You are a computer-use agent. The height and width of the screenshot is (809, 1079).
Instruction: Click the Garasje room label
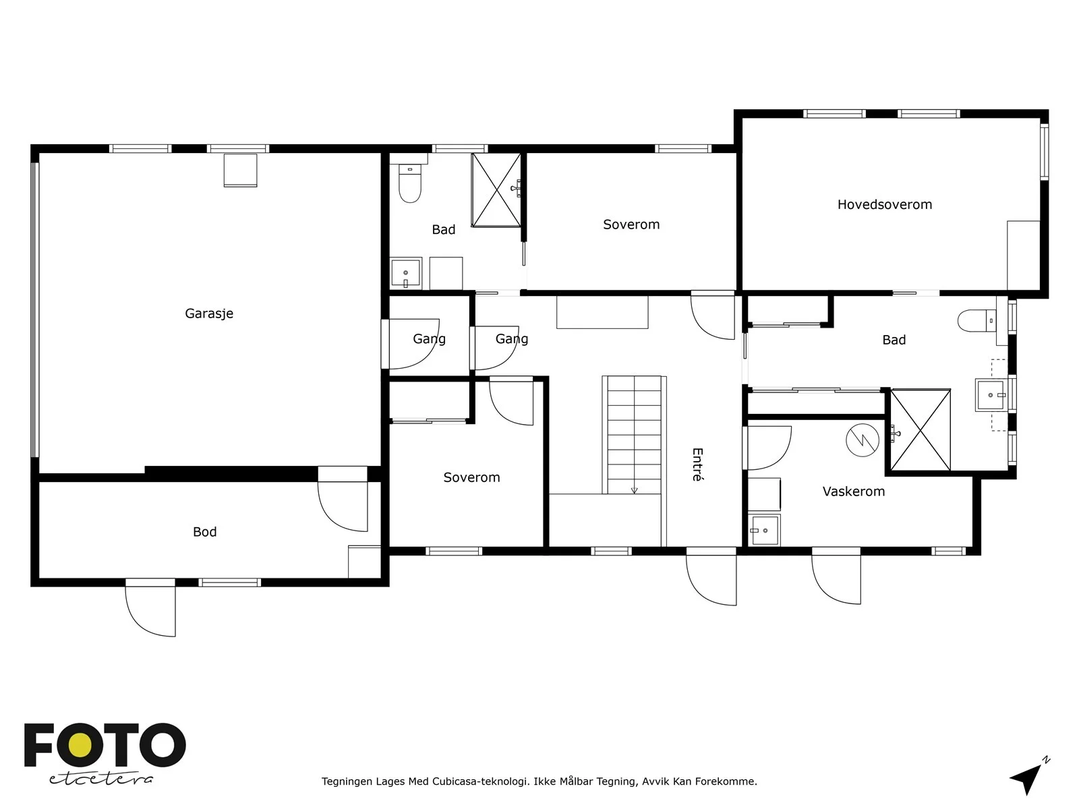coord(209,314)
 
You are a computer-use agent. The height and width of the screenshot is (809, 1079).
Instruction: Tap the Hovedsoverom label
coord(884,204)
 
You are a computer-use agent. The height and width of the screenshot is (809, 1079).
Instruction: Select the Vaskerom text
coord(853,491)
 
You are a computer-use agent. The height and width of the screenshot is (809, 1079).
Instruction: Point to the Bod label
coord(204,532)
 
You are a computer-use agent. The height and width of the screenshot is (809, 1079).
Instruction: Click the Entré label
coord(697,465)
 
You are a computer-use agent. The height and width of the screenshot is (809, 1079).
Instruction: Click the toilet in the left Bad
coord(409,183)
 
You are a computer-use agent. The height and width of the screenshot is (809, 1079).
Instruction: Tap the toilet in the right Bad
coord(976,321)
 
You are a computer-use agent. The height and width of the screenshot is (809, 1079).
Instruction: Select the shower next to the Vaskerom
coord(921,430)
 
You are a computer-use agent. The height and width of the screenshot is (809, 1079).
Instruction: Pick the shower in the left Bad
coord(496,190)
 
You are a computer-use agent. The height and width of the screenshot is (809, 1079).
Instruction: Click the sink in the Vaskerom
coord(764,530)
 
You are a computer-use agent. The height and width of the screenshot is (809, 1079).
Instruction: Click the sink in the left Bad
coord(405,273)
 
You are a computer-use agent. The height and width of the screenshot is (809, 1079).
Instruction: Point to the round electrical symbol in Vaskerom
coord(863,440)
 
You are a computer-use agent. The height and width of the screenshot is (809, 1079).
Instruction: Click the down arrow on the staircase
coord(634,490)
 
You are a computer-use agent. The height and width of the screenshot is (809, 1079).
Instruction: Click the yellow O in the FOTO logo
coord(81,745)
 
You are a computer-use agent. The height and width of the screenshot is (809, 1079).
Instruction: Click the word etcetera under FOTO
coord(100,779)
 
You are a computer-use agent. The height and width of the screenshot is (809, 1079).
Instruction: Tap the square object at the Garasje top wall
coord(240,171)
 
